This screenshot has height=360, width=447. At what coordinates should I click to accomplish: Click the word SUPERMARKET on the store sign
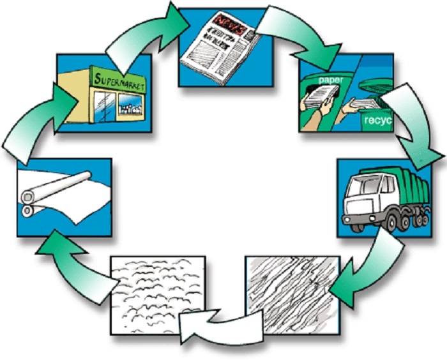tap(120, 82)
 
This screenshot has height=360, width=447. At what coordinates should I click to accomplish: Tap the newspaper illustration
tap(217, 48)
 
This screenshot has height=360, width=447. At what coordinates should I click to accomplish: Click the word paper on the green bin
tap(330, 80)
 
